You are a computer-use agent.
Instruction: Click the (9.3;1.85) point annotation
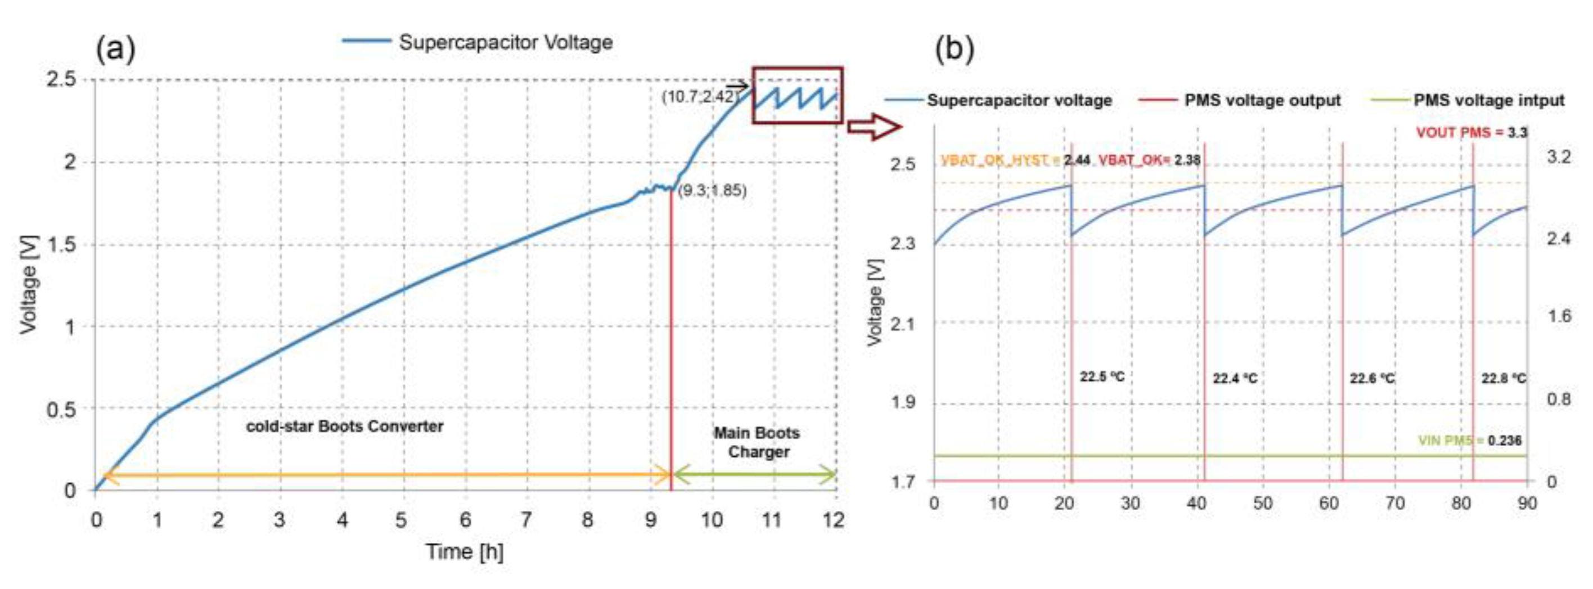pos(712,191)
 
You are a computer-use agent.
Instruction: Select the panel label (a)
pos(115,50)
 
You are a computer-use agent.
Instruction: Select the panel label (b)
pos(953,50)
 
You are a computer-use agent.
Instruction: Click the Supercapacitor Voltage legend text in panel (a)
pos(505,42)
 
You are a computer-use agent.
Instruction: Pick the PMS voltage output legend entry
pos(1262,100)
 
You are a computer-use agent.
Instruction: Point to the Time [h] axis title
pos(465,551)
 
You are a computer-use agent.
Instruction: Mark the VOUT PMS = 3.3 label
pos(1471,132)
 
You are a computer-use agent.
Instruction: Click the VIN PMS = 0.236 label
pos(1469,440)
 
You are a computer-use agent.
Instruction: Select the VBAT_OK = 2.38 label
pos(1149,160)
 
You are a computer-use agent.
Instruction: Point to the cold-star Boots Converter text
pos(344,426)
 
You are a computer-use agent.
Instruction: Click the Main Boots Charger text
pos(758,442)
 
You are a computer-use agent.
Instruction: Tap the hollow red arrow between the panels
pos(874,127)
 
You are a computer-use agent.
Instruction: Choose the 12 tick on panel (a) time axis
pos(834,520)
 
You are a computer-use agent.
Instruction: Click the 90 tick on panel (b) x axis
pos(1527,503)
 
